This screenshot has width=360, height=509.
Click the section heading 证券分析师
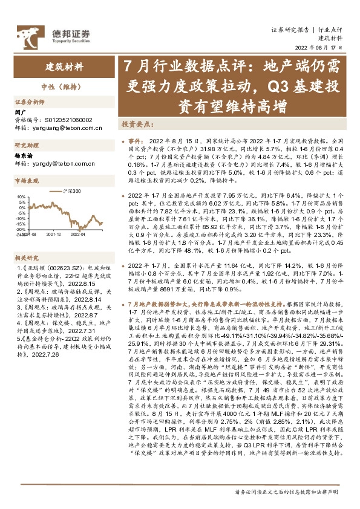click(x=28, y=102)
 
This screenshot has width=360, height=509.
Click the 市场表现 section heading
click(x=26, y=180)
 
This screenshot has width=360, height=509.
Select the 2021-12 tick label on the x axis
click(x=54, y=233)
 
